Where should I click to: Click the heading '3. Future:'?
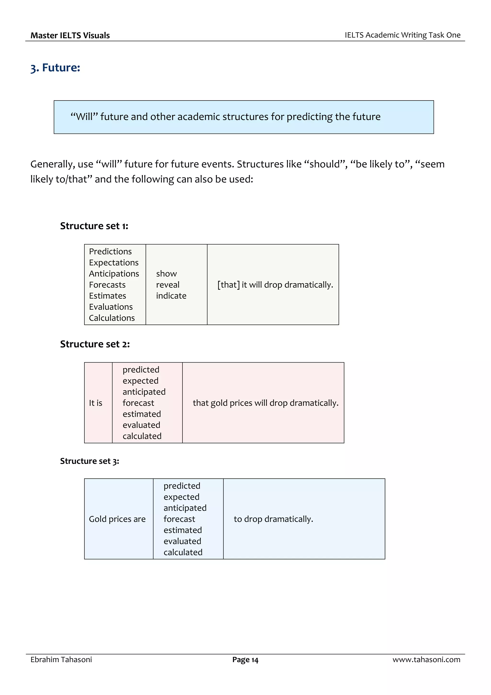pos(55,68)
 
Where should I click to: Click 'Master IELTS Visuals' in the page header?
pos(70,36)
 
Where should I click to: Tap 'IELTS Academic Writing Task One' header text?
pos(402,35)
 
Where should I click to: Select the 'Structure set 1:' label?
pos(94,226)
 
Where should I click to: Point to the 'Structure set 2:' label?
pos(95,344)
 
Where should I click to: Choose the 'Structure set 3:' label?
pos(90,461)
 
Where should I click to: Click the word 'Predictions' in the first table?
pos(111,252)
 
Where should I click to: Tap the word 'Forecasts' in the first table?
pos(107,285)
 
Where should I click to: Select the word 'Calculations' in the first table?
pos(112,318)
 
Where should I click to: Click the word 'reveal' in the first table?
pos(168,285)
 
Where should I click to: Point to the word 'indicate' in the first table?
pos(171,296)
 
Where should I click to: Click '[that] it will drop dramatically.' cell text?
pos(275,285)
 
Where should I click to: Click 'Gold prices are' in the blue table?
pos(117,519)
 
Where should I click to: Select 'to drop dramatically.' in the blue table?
pos(273,519)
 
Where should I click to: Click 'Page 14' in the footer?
pos(245,660)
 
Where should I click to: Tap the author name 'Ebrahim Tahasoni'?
pos(61,659)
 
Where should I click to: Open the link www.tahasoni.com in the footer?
pos(426,659)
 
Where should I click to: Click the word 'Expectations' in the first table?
pos(114,263)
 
